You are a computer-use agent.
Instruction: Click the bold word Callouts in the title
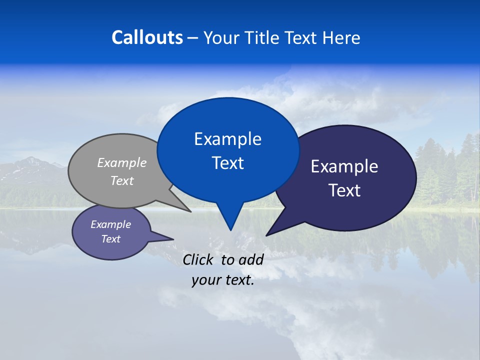tap(147, 37)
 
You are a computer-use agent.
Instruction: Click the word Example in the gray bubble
tap(122, 163)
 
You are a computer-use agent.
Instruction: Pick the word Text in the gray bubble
tap(122, 180)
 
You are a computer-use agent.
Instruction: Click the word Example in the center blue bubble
tap(227, 139)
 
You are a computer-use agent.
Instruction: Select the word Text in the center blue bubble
tap(227, 163)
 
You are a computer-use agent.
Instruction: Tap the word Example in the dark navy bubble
tap(344, 166)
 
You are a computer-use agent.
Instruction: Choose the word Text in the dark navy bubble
tap(344, 190)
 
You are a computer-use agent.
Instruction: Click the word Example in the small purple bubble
tap(110, 224)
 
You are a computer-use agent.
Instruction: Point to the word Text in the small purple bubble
tap(110, 239)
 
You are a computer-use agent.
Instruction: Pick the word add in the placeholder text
tap(251, 259)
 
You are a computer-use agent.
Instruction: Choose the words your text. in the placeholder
tap(222, 280)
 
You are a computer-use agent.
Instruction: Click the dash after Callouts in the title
tap(193, 38)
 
